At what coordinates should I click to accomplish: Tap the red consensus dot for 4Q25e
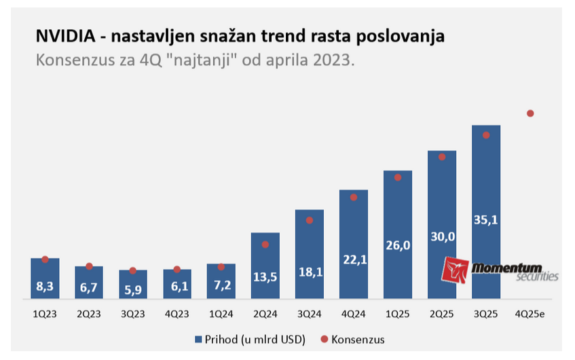530,113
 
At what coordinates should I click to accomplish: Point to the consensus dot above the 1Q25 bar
398,177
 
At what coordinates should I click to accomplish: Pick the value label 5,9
133,288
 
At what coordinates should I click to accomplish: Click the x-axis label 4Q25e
530,314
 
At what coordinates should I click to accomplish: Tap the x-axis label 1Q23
45,314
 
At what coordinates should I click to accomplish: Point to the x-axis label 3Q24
310,314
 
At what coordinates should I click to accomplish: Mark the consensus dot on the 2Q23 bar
89,266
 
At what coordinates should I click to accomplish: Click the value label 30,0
441,236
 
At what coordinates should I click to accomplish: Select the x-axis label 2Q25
441,314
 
